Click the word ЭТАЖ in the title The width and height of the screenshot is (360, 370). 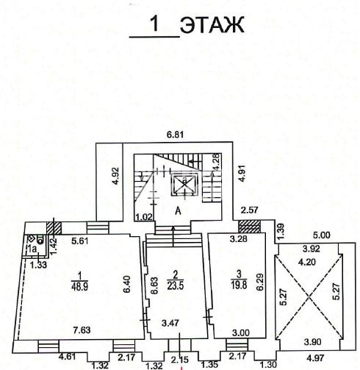pyautogui.click(x=212, y=25)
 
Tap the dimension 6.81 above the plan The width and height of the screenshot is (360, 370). pyautogui.click(x=175, y=135)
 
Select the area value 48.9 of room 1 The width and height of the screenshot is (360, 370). pyautogui.click(x=80, y=287)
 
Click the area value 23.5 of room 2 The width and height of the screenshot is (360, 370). pyautogui.click(x=176, y=286)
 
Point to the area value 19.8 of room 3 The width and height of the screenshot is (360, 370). pyautogui.click(x=239, y=285)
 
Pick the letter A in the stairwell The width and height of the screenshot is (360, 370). pyautogui.click(x=179, y=210)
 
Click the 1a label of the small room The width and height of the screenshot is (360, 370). pyautogui.click(x=32, y=249)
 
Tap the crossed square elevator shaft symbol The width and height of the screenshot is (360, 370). pyautogui.click(x=184, y=182)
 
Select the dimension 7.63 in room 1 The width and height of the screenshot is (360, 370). pyautogui.click(x=82, y=330)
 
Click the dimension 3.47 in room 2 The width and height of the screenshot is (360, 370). pyautogui.click(x=170, y=323)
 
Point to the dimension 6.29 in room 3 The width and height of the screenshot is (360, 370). pyautogui.click(x=260, y=282)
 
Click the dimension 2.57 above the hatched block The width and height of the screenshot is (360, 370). pyautogui.click(x=250, y=210)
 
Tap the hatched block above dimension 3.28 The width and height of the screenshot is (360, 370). pyautogui.click(x=249, y=227)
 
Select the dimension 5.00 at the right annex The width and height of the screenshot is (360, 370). pyautogui.click(x=322, y=235)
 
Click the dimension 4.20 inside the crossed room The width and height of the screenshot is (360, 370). pyautogui.click(x=307, y=263)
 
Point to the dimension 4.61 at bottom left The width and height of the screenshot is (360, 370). pyautogui.click(x=67, y=356)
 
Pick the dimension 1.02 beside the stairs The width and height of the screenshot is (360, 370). pyautogui.click(x=145, y=217)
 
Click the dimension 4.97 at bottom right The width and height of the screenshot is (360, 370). pyautogui.click(x=315, y=358)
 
